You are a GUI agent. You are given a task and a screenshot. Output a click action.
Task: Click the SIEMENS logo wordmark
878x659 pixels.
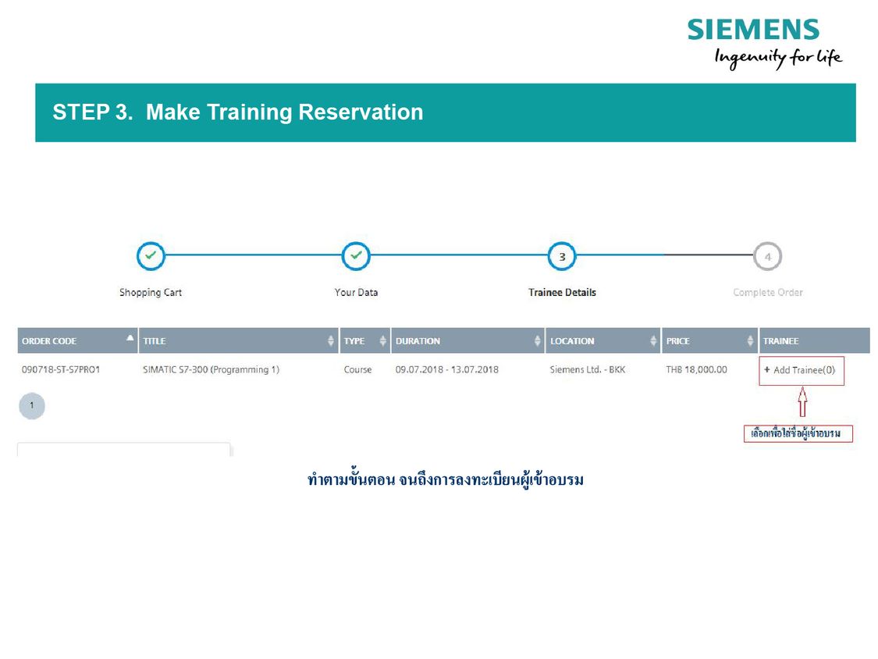coord(753,30)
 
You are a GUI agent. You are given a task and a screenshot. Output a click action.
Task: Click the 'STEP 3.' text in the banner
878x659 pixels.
coord(92,112)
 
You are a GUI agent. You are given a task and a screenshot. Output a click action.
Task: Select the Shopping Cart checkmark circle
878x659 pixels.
coord(151,256)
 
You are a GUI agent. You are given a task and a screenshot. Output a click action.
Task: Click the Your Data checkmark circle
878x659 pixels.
coord(356,256)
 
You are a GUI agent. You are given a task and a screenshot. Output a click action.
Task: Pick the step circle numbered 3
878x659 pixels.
coord(562,257)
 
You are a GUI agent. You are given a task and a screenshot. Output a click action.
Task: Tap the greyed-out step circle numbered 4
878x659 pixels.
coord(768,257)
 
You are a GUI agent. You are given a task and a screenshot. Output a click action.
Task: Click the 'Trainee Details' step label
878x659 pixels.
coord(562,293)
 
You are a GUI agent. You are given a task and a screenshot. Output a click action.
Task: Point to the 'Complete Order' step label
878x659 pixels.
coord(768,293)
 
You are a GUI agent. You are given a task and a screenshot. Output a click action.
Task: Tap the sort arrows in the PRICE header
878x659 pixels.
coord(750,340)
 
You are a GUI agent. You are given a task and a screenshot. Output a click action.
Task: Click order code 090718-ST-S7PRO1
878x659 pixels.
coord(61,370)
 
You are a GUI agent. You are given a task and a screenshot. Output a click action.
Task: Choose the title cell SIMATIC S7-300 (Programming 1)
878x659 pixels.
coord(211,370)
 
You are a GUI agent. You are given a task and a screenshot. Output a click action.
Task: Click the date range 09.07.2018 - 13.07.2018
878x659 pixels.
coord(447,370)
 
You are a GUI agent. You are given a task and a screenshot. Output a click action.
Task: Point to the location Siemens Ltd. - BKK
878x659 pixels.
coord(588,370)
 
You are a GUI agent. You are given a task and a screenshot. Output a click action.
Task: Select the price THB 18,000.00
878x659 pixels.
coord(697,370)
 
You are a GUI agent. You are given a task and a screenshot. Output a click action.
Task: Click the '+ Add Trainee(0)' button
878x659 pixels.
coord(802,370)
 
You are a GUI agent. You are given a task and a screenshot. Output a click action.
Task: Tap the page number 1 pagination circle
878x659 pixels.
coord(32,406)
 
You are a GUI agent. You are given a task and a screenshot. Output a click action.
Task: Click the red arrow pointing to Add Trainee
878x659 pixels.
coord(802,401)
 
